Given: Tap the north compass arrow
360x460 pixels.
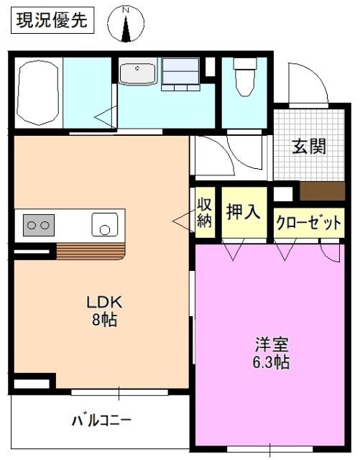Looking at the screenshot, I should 126,25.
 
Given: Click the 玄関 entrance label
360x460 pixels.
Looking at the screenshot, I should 309,146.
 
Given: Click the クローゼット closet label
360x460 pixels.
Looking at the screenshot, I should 308,223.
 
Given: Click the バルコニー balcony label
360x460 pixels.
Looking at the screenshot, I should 101,419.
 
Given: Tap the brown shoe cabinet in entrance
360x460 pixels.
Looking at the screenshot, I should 322,192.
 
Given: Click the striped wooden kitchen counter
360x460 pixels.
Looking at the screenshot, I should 90,251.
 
